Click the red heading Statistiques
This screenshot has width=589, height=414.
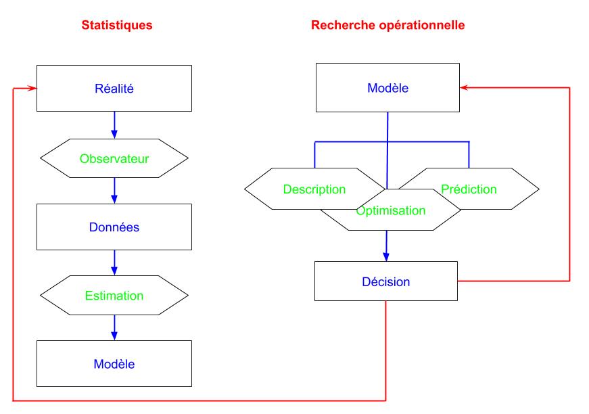(117, 26)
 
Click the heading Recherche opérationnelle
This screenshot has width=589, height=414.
(387, 26)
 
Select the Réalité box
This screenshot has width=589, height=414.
(114, 88)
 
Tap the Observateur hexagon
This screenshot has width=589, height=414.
(114, 158)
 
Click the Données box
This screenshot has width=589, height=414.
(114, 227)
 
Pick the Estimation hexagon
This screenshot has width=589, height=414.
(114, 296)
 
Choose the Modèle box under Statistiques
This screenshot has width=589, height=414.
(114, 364)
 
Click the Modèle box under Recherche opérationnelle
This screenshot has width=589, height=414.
(387, 88)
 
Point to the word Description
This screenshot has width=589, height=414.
(314, 189)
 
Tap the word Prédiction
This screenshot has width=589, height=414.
(469, 189)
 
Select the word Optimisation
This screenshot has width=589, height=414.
(391, 210)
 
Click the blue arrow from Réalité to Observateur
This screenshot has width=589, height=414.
(114, 124)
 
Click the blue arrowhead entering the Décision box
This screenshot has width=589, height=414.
(387, 256)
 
